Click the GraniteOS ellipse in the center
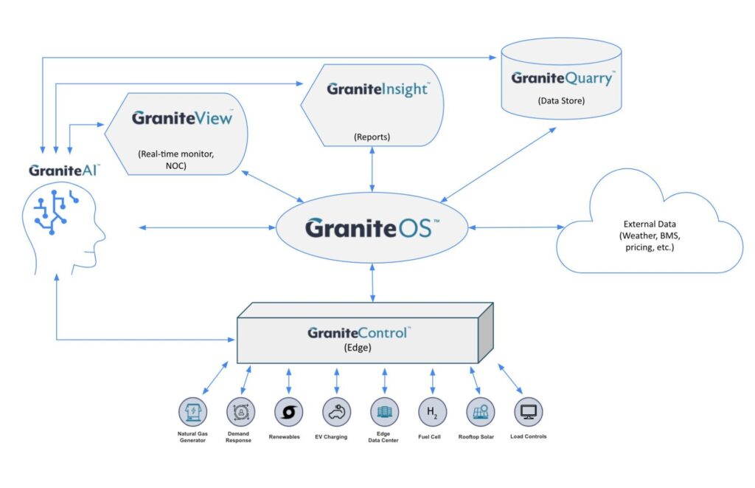click(x=372, y=228)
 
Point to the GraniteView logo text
click(x=182, y=117)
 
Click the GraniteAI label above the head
click(x=64, y=171)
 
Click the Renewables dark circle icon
click(x=288, y=411)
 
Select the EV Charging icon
click(x=336, y=411)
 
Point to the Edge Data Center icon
click(x=383, y=411)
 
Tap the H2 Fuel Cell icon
click(x=432, y=411)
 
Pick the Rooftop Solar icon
click(x=480, y=411)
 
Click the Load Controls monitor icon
click(x=528, y=411)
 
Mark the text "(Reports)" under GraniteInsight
click(x=372, y=137)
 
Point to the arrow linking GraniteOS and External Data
click(x=512, y=228)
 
